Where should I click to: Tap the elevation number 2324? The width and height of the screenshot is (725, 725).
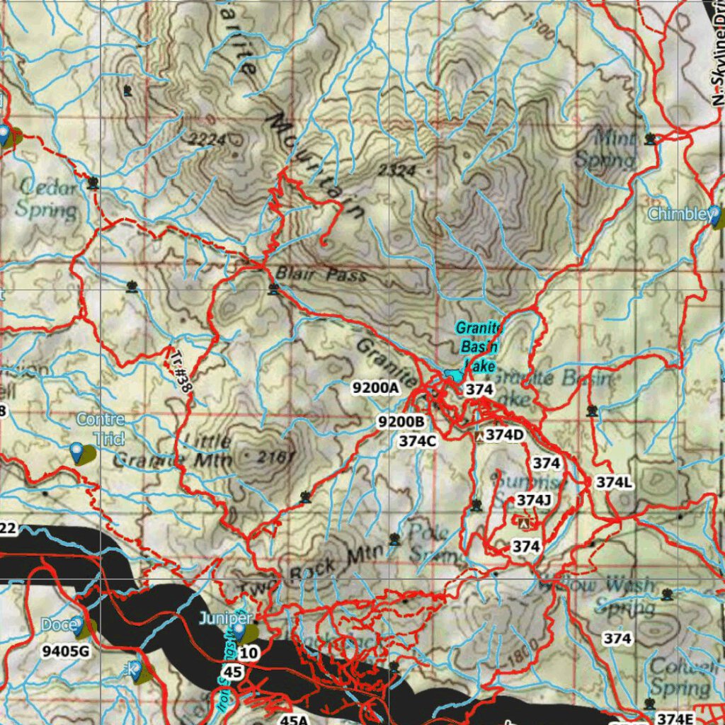[x=396, y=170]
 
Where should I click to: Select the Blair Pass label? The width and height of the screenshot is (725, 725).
[x=321, y=274]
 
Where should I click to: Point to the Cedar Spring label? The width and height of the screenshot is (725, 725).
[x=47, y=198]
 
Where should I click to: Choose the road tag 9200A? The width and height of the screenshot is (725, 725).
[x=376, y=387]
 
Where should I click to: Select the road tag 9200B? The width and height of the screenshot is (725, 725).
[x=401, y=422]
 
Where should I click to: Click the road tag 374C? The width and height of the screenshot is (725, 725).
[x=417, y=440]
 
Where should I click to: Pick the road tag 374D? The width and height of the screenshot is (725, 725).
[x=504, y=435]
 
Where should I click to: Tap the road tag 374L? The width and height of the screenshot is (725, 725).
[x=614, y=483]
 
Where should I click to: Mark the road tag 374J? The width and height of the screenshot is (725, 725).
[x=533, y=501]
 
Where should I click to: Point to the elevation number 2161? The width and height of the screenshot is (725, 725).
[x=275, y=458]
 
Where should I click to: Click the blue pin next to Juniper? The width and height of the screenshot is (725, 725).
[x=240, y=629]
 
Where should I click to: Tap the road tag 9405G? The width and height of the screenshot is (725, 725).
[x=66, y=650]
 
